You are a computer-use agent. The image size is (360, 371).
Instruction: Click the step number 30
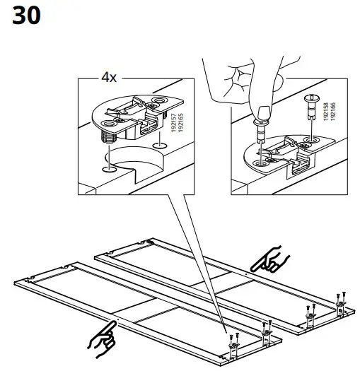[x=28, y=16]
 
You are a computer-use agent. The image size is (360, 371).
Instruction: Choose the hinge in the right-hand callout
[x=286, y=152]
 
